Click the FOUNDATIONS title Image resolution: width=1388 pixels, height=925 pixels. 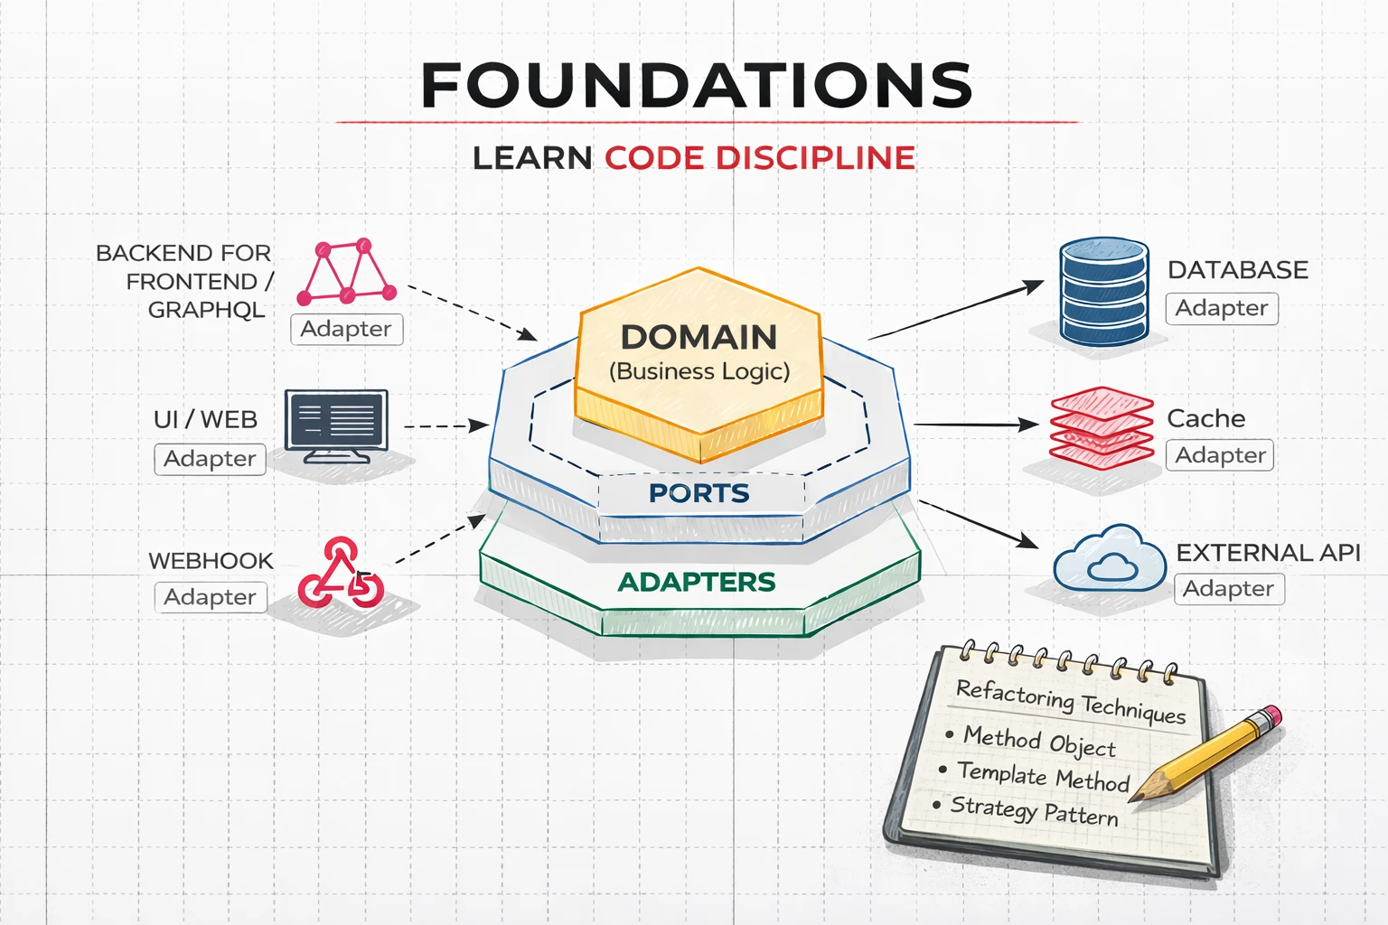(x=696, y=86)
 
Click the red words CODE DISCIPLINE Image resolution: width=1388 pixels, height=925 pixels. (x=759, y=158)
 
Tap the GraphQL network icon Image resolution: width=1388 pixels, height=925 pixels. (x=347, y=272)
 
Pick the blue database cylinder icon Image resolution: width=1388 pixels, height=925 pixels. (x=1103, y=292)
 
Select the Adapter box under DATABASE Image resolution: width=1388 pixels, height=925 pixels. (x=1222, y=309)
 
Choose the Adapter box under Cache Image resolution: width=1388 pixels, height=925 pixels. (x=1220, y=455)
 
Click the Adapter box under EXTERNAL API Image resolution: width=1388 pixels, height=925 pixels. (x=1228, y=589)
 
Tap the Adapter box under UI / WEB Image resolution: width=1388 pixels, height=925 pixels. (x=210, y=459)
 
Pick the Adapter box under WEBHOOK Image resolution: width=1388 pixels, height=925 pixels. (x=211, y=597)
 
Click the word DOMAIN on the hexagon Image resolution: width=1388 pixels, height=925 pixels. (x=699, y=338)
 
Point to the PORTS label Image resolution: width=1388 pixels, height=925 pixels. (x=699, y=493)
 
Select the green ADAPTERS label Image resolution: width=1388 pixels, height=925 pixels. (x=697, y=583)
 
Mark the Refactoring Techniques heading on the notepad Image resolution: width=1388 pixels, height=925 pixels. (x=1070, y=701)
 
